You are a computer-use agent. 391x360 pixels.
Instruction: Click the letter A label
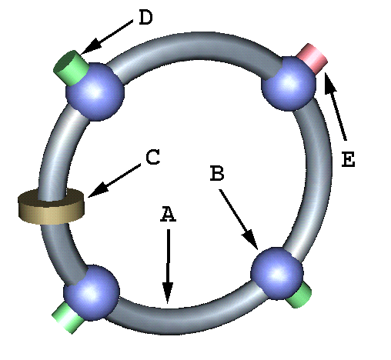tap(169, 214)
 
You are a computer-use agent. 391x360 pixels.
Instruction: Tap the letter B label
tap(217, 173)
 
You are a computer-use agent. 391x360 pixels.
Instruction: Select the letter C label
tap(153, 157)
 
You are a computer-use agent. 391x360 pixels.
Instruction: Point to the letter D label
tap(145, 18)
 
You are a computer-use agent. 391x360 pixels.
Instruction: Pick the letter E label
tap(349, 159)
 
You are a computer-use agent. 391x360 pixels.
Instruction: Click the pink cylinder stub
tap(312, 57)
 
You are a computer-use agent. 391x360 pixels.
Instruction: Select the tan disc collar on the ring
tap(52, 206)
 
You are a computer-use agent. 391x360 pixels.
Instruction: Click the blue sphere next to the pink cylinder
tap(289, 83)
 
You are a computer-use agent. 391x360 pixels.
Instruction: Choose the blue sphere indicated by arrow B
tap(277, 273)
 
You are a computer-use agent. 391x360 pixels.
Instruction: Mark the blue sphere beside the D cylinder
tap(95, 92)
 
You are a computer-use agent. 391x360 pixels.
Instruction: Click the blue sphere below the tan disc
tap(92, 292)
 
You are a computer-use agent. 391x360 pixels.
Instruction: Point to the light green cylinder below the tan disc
tap(68, 317)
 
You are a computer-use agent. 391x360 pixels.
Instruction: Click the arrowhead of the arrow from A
tap(168, 292)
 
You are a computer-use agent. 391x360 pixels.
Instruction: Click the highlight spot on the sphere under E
tap(288, 82)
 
